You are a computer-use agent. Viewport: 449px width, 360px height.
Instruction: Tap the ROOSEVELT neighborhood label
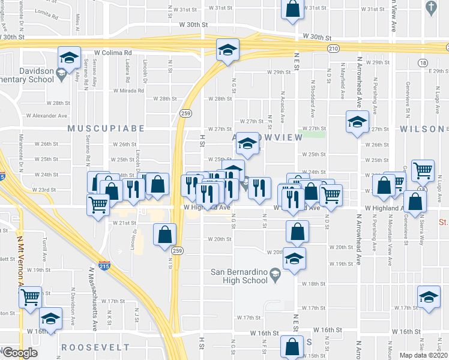[95, 347]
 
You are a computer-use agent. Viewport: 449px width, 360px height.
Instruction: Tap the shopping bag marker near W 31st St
[292, 10]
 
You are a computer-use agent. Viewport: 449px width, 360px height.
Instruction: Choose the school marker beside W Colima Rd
[70, 58]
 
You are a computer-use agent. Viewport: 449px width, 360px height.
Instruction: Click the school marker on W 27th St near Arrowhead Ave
[357, 123]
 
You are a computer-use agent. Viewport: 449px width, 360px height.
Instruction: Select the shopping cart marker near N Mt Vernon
[30, 297]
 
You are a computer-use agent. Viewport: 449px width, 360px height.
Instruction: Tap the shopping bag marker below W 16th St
[292, 346]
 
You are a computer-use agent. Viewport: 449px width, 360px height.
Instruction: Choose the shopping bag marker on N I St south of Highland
[164, 235]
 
